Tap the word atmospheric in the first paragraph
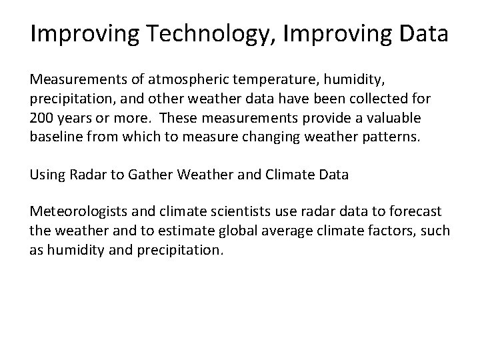tap(193, 80)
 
